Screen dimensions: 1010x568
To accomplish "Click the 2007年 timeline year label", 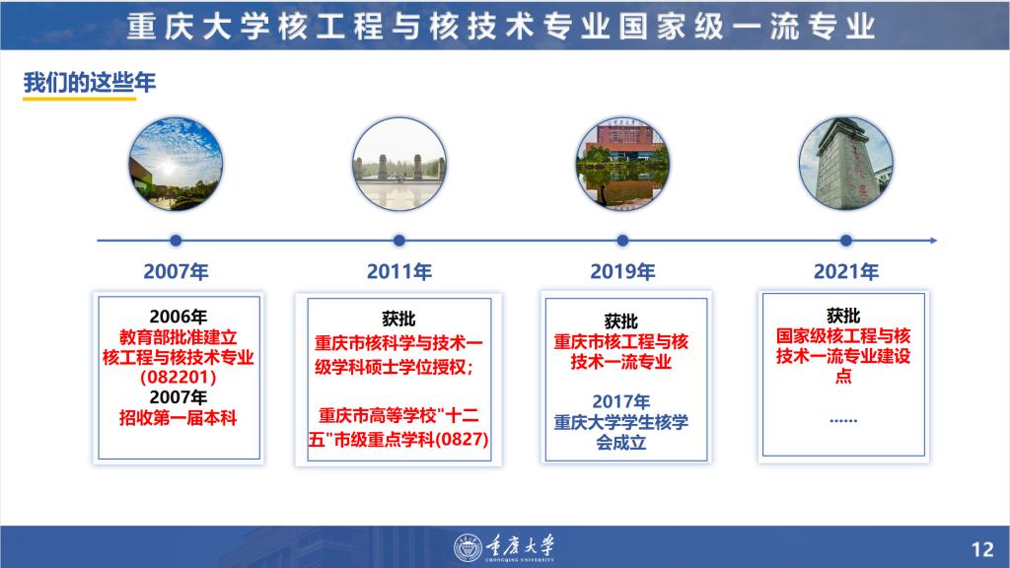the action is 176,272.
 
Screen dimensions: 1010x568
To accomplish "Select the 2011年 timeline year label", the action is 399,272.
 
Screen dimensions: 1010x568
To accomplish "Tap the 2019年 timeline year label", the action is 623,272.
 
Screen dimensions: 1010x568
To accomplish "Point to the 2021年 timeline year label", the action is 846,272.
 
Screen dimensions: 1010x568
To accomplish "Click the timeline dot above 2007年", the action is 176,241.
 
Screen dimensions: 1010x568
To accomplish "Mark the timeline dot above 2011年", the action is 399,241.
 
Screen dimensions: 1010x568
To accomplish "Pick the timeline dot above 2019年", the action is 622,241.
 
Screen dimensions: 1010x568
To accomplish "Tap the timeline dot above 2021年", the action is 846,241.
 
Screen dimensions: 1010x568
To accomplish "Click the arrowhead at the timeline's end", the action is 934,241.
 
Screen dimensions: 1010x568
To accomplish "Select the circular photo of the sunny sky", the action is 176,164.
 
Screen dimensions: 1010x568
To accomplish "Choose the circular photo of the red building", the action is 623,164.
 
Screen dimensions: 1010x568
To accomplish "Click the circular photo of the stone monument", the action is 846,164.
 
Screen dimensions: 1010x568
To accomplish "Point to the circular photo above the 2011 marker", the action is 399,164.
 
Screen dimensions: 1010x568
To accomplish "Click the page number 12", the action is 982,549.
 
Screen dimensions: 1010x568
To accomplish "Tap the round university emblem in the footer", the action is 468,548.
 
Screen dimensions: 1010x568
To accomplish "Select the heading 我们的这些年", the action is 90,83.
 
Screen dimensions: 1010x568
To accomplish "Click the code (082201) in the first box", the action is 179,377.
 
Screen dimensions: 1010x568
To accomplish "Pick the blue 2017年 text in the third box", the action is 621,401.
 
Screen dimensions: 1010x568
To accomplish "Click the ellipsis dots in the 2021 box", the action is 843,420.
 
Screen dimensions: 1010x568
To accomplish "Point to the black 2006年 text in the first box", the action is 179,317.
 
